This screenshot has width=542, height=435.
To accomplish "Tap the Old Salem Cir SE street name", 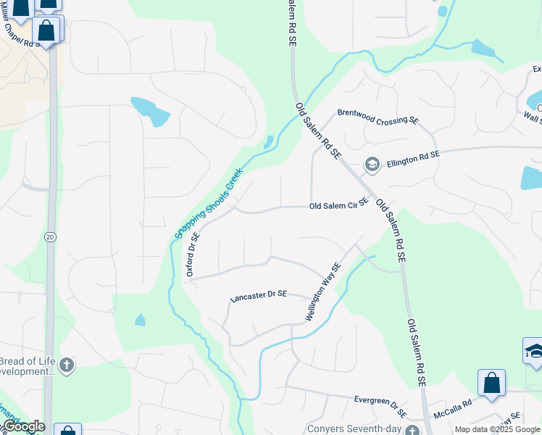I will click(x=339, y=205).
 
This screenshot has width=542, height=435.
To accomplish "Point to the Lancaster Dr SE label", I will click(x=259, y=295).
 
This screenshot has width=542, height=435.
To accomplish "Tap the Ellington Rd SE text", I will click(x=413, y=159).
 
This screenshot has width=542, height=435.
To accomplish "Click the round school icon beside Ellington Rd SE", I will click(x=372, y=165).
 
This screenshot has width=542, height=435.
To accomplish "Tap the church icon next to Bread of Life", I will click(x=67, y=365).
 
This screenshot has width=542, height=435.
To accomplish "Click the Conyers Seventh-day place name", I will click(x=354, y=428).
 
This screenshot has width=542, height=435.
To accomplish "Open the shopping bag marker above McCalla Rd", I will click(x=491, y=384).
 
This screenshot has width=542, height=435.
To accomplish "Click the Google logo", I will click(x=23, y=427).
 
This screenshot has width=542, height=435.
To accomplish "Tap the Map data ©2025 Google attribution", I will click(x=497, y=429).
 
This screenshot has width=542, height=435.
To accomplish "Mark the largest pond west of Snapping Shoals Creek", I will click(x=149, y=111).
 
